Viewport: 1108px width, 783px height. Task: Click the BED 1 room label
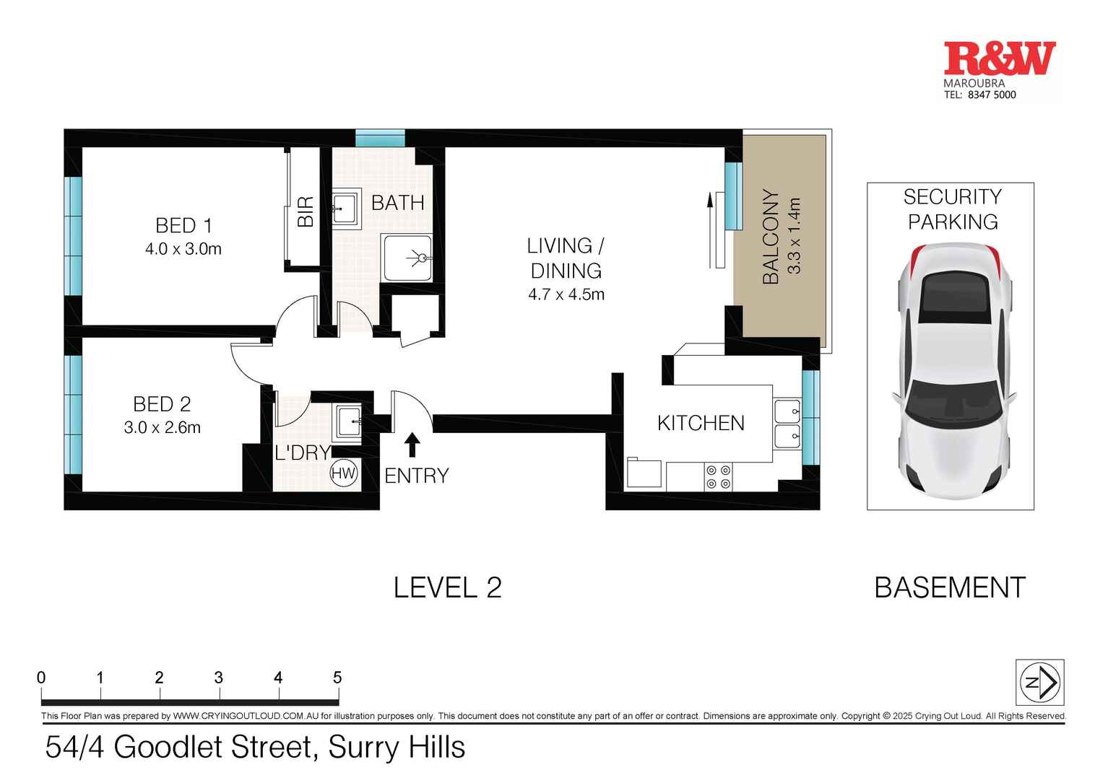pos(183,226)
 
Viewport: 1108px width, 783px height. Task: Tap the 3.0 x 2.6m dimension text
pos(162,427)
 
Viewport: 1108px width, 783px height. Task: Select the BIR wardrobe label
pos(306,211)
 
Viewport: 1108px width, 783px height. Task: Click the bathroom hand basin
pos(346,208)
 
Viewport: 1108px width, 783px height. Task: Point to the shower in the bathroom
pos(408,258)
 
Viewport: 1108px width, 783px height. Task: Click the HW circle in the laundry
pos(344,474)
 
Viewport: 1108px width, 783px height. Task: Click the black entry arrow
pos(412,444)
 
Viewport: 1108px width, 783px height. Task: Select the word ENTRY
pos(417,476)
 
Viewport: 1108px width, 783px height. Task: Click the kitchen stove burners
pos(718,477)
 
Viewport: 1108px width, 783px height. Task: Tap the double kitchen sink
pos(787,424)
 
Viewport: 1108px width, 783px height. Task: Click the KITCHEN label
pos(701,423)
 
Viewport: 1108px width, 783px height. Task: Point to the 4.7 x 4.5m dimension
pos(566,294)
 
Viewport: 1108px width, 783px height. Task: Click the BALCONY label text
pos(771,237)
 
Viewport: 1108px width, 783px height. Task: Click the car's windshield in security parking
pos(953,406)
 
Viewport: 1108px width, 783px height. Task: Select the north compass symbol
pos(1039,682)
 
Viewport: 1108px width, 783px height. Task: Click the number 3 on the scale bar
pos(218,678)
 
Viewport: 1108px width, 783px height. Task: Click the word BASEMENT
pos(949,587)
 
